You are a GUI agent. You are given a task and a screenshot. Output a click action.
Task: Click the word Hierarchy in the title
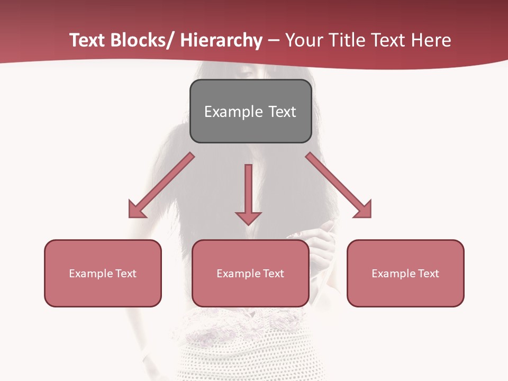click(221, 40)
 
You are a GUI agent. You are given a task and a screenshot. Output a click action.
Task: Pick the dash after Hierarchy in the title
click(274, 41)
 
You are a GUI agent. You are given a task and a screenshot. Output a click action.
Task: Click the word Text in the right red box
click(427, 274)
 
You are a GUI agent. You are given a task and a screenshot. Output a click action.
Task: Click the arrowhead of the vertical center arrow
click(249, 217)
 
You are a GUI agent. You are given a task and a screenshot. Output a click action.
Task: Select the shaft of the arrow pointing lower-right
click(331, 177)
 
